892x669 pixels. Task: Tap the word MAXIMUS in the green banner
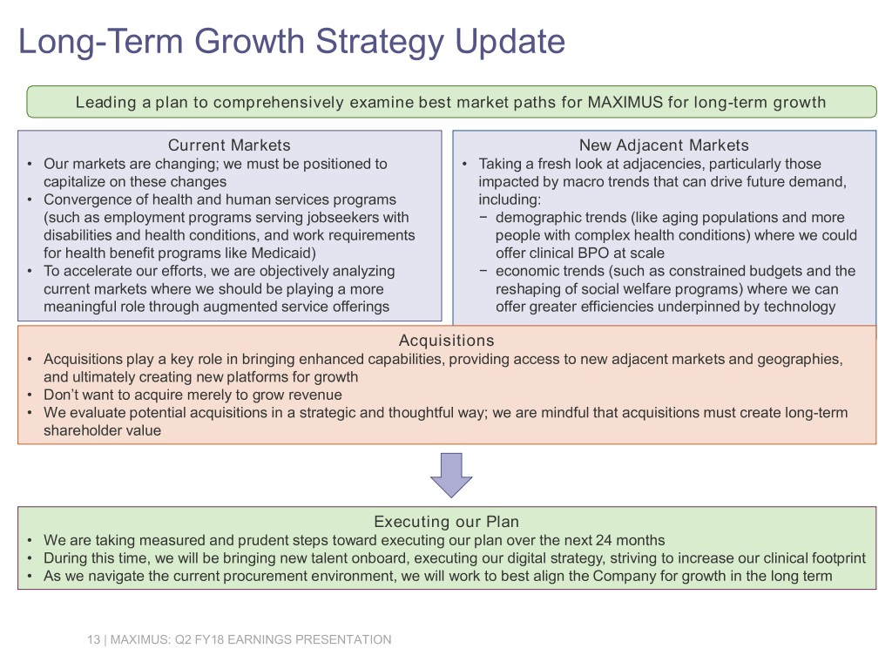(x=625, y=103)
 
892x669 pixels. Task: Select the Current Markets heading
(x=229, y=145)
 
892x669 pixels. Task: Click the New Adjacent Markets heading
(x=664, y=145)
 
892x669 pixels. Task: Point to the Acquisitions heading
(x=447, y=341)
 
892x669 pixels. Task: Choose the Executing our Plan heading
(x=447, y=522)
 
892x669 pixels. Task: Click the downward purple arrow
(x=451, y=475)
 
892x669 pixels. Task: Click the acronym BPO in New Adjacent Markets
(x=594, y=253)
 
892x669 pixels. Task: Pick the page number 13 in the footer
(x=93, y=639)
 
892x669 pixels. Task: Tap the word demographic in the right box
(x=530, y=217)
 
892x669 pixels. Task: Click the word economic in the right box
(x=523, y=271)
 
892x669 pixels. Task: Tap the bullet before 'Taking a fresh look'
(x=465, y=165)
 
